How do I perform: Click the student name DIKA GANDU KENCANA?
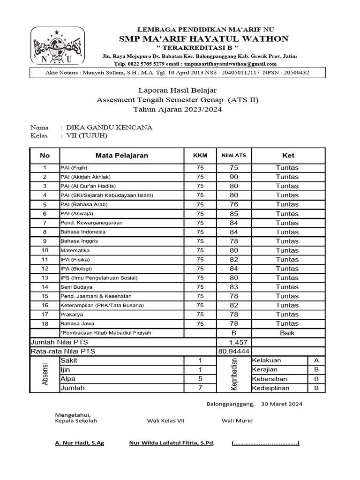click(109, 127)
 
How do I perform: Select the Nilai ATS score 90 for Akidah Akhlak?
click(233, 177)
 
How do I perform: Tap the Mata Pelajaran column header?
click(122, 156)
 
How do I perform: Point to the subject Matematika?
click(75, 250)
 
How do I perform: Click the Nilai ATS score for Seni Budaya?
click(233, 287)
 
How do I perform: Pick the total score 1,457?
click(234, 342)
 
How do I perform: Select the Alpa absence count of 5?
click(200, 379)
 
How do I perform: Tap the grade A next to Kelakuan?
click(316, 360)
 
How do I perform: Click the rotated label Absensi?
click(45, 374)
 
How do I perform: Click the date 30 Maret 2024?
click(281, 404)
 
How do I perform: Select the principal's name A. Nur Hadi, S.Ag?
click(80, 443)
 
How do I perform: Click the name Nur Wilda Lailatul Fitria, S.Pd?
click(172, 443)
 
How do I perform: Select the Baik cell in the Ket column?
click(287, 333)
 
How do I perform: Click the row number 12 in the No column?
click(45, 269)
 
